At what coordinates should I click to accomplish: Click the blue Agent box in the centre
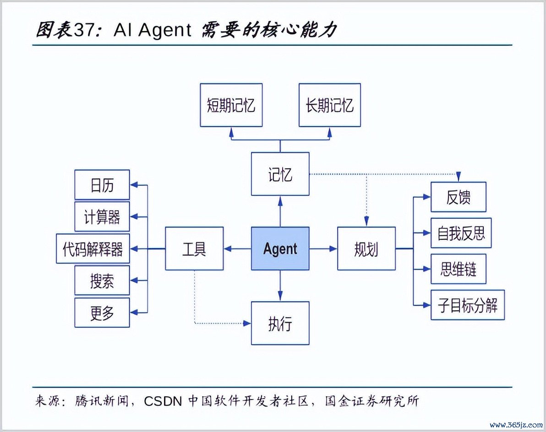click(x=280, y=248)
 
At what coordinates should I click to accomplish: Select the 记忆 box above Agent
click(x=280, y=174)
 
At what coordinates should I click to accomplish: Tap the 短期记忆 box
click(x=231, y=105)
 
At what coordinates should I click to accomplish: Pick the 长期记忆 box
click(x=329, y=105)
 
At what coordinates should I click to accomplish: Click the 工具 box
click(x=194, y=248)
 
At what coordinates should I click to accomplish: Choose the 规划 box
click(x=366, y=248)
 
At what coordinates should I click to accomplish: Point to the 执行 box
click(x=280, y=323)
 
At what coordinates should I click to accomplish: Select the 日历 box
click(x=102, y=185)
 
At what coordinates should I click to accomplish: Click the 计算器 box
click(x=102, y=216)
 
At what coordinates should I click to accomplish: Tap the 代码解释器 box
click(x=93, y=248)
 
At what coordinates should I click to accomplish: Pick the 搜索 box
click(x=102, y=281)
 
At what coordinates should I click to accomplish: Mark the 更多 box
click(x=102, y=313)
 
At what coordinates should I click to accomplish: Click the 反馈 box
click(x=458, y=197)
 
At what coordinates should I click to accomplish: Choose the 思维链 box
click(x=458, y=269)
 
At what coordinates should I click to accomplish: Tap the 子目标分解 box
click(x=467, y=305)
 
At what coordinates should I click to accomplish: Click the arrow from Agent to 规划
click(x=323, y=248)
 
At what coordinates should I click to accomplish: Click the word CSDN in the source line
click(x=163, y=401)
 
